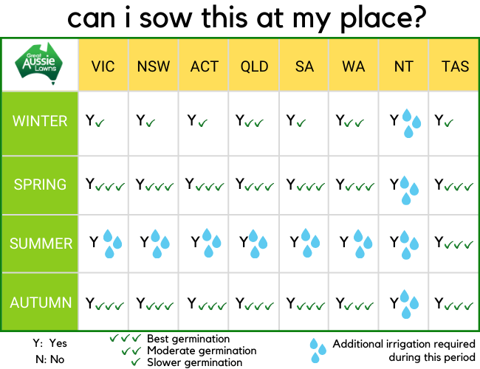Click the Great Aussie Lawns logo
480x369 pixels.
tap(38, 63)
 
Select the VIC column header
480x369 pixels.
tap(103, 66)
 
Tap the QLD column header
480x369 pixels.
tap(254, 66)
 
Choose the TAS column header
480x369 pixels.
tap(455, 66)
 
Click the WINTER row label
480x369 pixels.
tap(40, 121)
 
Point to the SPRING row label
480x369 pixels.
tap(40, 184)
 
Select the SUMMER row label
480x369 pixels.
tap(41, 244)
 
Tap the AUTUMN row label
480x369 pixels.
tap(41, 303)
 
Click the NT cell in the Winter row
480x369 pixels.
tap(404, 124)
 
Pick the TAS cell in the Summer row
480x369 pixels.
tap(454, 244)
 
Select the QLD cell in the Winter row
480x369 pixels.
tap(254, 124)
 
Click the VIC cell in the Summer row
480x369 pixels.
tap(103, 244)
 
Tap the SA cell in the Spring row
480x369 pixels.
tap(304, 185)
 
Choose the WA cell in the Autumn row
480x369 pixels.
tap(354, 302)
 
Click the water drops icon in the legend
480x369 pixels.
tap(318, 351)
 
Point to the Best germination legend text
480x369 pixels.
tap(188, 339)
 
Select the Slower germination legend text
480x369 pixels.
tap(195, 362)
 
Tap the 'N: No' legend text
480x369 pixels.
tap(50, 359)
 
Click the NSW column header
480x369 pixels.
tap(154, 66)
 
